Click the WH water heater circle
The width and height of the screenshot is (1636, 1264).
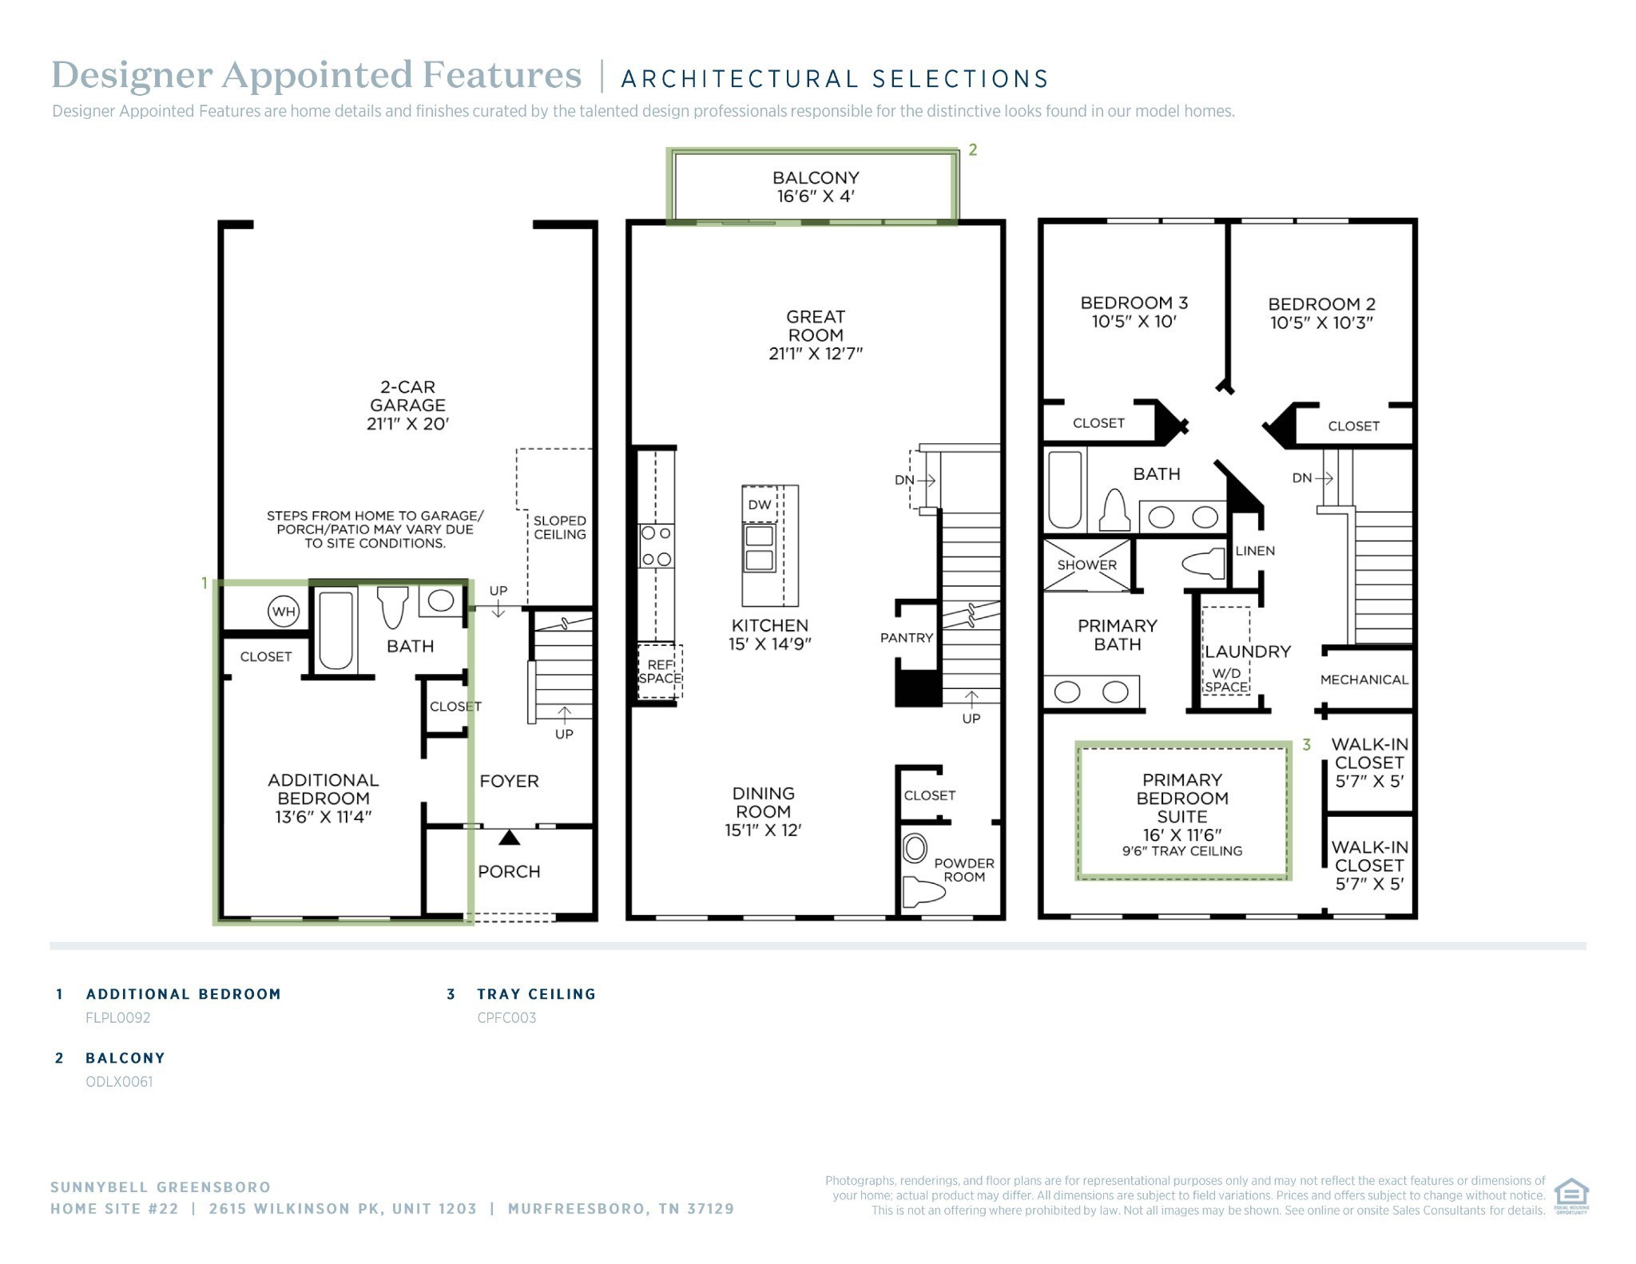[x=284, y=612]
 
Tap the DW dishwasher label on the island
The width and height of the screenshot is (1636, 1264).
[x=759, y=505]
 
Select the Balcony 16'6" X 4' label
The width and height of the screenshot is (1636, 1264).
[x=816, y=187]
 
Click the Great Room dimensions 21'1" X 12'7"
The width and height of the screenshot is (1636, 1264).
[x=816, y=354]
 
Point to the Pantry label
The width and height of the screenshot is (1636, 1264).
[x=907, y=638]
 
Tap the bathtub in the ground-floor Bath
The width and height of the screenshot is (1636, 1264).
[x=336, y=630]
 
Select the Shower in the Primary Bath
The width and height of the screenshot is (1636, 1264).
[x=1086, y=565]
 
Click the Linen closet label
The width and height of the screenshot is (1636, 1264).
[x=1255, y=551]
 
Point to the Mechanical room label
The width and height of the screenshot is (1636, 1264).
[x=1364, y=680]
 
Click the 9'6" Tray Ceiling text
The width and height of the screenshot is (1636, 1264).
[x=1182, y=851]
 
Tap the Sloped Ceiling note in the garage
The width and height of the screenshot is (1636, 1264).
[x=560, y=528]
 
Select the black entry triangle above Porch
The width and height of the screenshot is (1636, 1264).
[x=510, y=838]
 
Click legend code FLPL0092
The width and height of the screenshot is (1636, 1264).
[x=118, y=1018]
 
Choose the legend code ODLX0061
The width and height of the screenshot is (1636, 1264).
[x=119, y=1082]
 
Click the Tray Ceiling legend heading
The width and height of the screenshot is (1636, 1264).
[x=537, y=994]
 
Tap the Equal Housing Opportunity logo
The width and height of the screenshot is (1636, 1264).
[x=1571, y=1195]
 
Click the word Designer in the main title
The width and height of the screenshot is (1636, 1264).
[x=133, y=76]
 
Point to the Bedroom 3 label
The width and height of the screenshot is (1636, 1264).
[x=1134, y=303]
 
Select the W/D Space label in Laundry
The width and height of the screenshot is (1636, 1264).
[x=1226, y=680]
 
